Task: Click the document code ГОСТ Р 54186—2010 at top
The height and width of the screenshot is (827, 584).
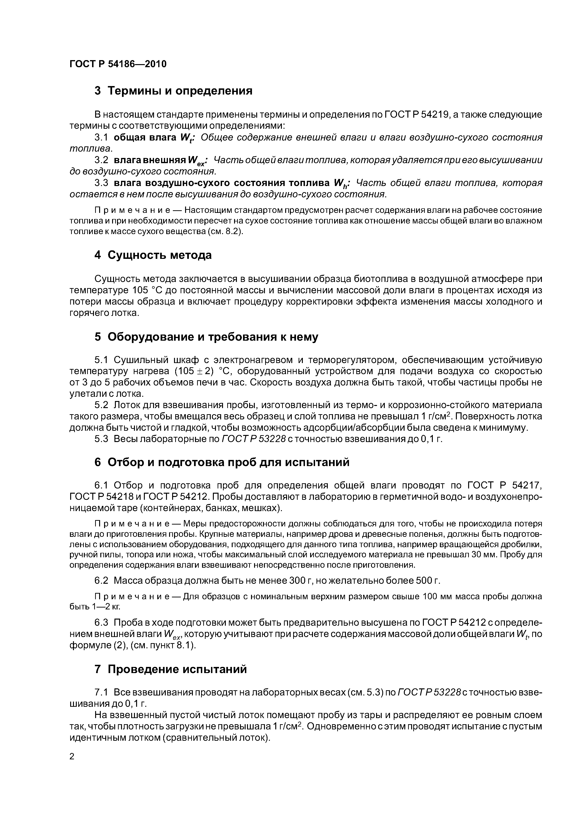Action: point(118,64)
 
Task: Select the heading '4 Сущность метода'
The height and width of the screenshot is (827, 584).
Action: point(153,255)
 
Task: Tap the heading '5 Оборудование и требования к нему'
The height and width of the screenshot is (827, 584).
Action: point(206,337)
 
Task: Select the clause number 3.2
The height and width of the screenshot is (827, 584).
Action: point(101,160)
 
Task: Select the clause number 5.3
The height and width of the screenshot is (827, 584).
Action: point(101,439)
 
